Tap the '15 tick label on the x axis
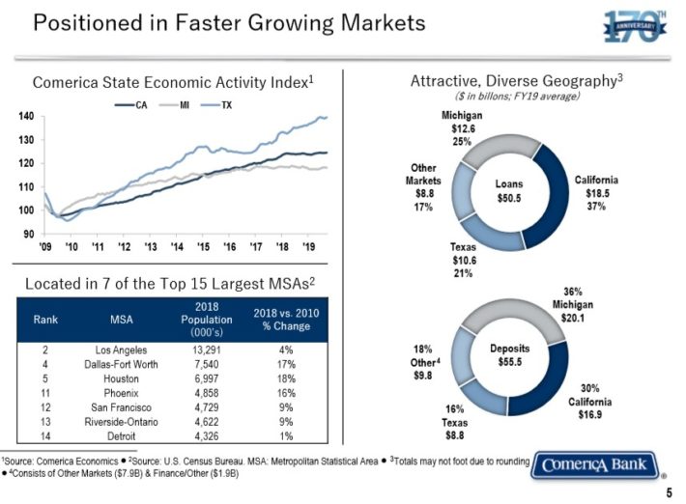[201, 248]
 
